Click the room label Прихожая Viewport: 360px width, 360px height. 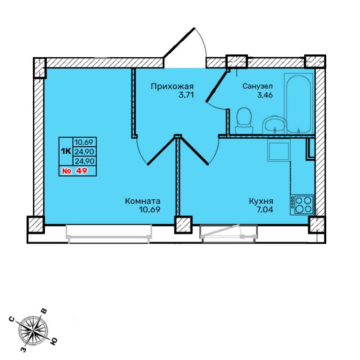coord(172,87)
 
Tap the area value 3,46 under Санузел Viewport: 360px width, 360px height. coord(265,95)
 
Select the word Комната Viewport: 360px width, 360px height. coord(142,201)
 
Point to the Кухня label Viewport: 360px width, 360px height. coord(261,201)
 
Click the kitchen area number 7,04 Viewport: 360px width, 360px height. coord(265,210)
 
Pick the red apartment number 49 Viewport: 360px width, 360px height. coord(82,171)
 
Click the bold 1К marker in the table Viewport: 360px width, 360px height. coord(66,151)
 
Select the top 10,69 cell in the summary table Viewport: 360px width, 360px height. coord(84,142)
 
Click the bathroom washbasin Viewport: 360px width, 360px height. coord(274,125)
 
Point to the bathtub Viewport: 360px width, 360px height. coord(299,103)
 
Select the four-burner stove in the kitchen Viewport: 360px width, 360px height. coord(302,205)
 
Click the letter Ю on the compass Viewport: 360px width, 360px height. coord(53,342)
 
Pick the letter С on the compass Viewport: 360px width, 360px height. coord(12,319)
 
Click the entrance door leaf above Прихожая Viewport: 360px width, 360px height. coord(179,43)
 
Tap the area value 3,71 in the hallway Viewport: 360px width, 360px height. coord(186,95)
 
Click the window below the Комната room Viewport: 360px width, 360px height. coord(109,233)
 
